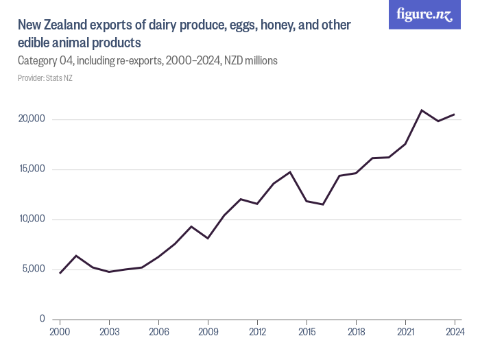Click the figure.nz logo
click(x=424, y=15)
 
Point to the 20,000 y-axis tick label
click(x=32, y=119)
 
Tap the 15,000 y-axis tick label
click(x=32, y=169)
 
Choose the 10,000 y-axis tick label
click(x=32, y=219)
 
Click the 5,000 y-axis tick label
click(x=34, y=269)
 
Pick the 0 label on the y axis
click(x=42, y=320)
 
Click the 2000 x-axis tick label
click(x=60, y=332)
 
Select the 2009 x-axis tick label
click(x=208, y=332)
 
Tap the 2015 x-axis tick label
click(x=307, y=332)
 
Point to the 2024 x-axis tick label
click(x=454, y=332)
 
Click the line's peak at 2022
click(x=422, y=110)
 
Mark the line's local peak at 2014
click(x=290, y=172)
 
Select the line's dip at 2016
click(x=323, y=204)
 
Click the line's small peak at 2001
click(x=76, y=256)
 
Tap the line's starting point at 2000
click(x=60, y=273)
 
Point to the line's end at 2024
click(x=454, y=115)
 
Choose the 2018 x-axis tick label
click(x=356, y=332)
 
